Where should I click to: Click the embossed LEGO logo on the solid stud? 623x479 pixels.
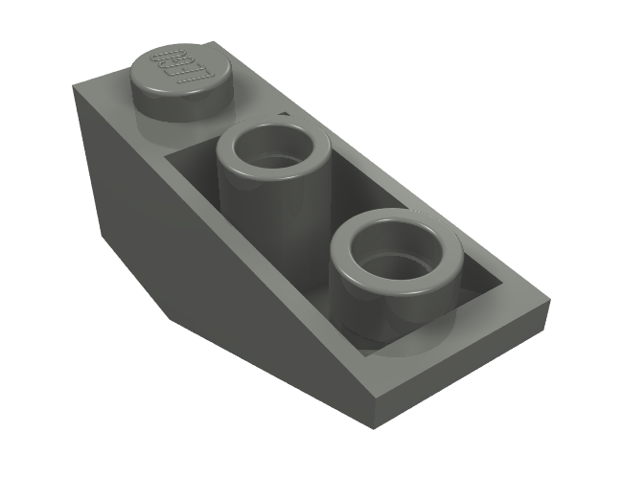point(176,64)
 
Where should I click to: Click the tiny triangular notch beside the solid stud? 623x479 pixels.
point(284,115)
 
